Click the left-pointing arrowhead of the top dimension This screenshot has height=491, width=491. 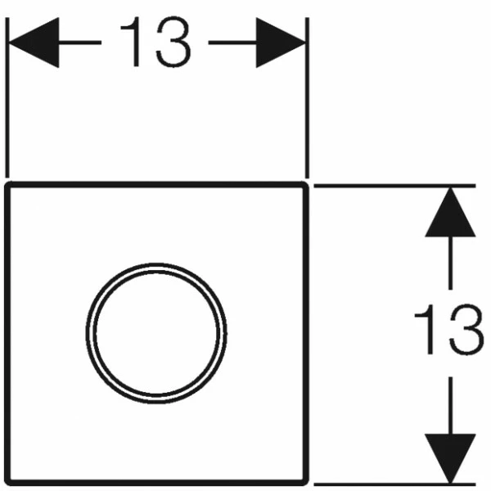pyautogui.click(x=34, y=43)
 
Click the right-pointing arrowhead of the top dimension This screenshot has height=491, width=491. pyautogui.click(x=281, y=43)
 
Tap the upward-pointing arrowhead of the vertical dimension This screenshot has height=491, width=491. pyautogui.click(x=450, y=212)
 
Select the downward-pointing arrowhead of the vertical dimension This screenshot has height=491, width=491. pyautogui.click(x=450, y=458)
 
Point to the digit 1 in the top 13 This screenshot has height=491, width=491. pyautogui.click(x=131, y=42)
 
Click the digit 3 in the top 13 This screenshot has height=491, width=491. pyautogui.click(x=173, y=42)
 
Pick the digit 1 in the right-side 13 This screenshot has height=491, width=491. pyautogui.click(x=425, y=329)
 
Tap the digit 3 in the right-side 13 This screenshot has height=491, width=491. pyautogui.click(x=466, y=330)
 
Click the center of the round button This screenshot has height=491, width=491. pyautogui.click(x=156, y=334)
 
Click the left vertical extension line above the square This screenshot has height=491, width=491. pyautogui.click(x=7, y=97)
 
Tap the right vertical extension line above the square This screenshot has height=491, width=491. pyautogui.click(x=307, y=97)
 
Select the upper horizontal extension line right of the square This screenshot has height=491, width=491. pyautogui.click(x=395, y=186)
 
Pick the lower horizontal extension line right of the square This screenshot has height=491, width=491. pyautogui.click(x=395, y=484)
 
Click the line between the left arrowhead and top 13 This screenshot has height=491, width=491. pyautogui.click(x=80, y=43)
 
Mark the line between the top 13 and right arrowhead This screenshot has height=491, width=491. pyautogui.click(x=232, y=43)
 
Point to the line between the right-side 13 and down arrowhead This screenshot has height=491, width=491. pyautogui.click(x=450, y=406)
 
